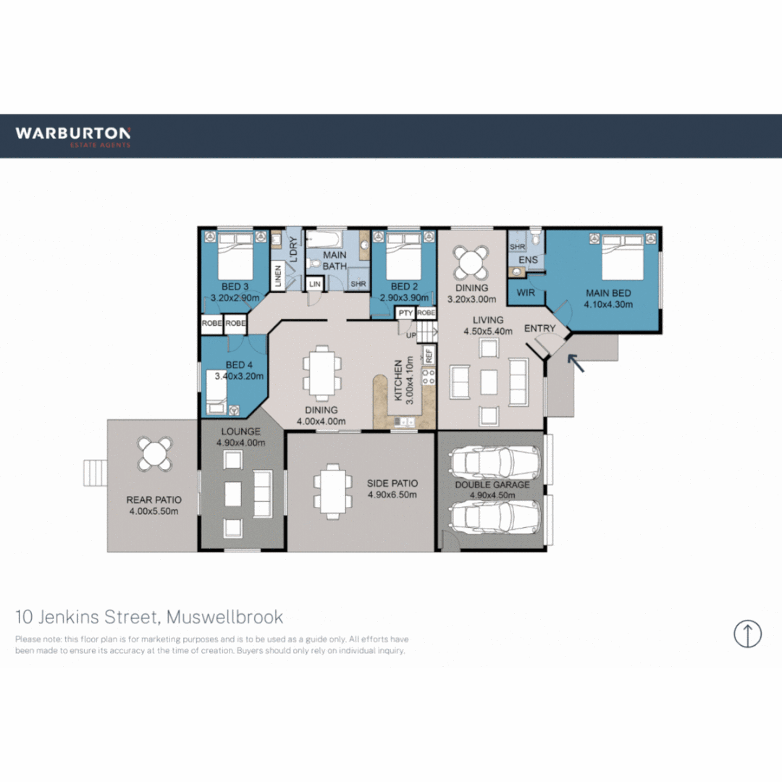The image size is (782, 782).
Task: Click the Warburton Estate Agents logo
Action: coord(72,136)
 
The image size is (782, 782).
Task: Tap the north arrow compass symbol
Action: coord(747,634)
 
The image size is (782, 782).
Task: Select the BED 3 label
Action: coord(235,287)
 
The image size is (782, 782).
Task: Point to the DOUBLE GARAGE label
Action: coord(492,484)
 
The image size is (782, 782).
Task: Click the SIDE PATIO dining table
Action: coord(330,491)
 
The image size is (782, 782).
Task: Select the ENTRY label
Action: coord(539,328)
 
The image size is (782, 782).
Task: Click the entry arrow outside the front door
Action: coord(576,361)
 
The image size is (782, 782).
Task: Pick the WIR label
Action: coord(526,293)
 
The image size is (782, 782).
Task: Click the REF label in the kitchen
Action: coord(429,356)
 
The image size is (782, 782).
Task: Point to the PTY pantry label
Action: coord(405,313)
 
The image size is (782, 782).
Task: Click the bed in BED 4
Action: coord(222,392)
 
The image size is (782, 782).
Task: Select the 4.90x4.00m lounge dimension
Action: coord(240,442)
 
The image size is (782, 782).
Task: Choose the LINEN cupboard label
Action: coord(277,277)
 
